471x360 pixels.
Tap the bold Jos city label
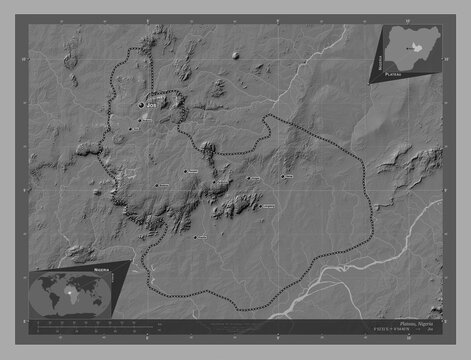[152, 103]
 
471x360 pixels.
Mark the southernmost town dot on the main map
[197, 237]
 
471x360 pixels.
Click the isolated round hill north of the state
[237, 54]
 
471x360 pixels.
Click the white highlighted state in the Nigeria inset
[408, 45]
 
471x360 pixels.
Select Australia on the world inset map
[106, 303]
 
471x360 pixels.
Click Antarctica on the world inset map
[75, 317]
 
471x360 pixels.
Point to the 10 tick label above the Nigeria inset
[365, 11]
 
